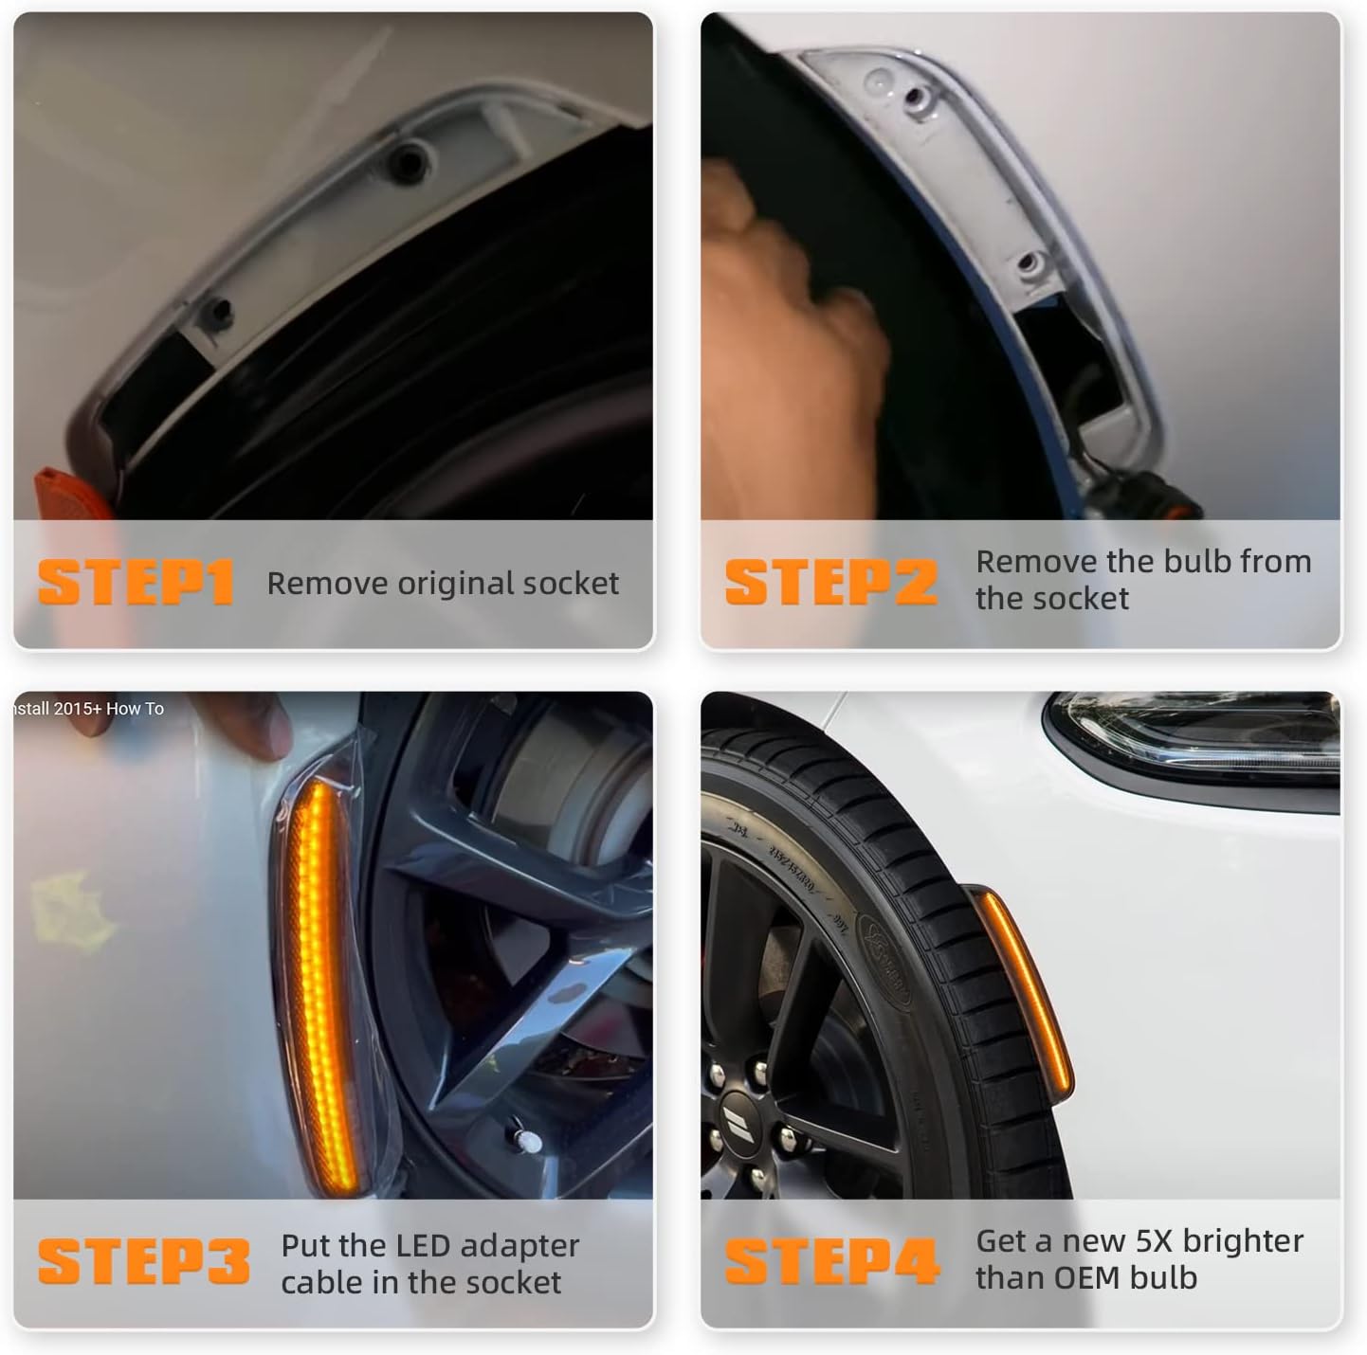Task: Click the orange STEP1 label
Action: click(x=135, y=583)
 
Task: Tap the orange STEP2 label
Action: click(x=830, y=582)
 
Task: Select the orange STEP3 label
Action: click(x=143, y=1262)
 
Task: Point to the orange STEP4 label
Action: click(x=831, y=1261)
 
